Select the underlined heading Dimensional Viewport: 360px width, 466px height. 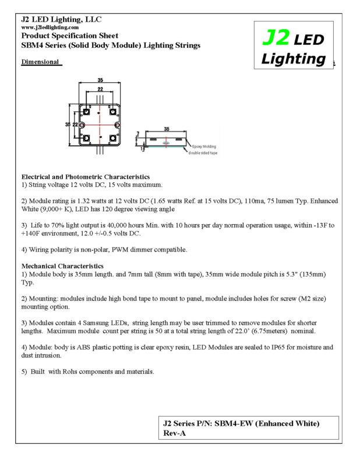[41, 62]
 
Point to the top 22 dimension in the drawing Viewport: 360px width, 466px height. [100, 90]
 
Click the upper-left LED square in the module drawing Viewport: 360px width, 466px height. [86, 111]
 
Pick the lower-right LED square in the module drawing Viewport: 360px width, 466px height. [114, 138]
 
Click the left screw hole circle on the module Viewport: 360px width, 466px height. [82, 125]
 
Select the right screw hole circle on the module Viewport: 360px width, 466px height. [118, 125]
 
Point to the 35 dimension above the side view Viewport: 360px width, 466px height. [167, 129]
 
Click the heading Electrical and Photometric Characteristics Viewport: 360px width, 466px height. [86, 176]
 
